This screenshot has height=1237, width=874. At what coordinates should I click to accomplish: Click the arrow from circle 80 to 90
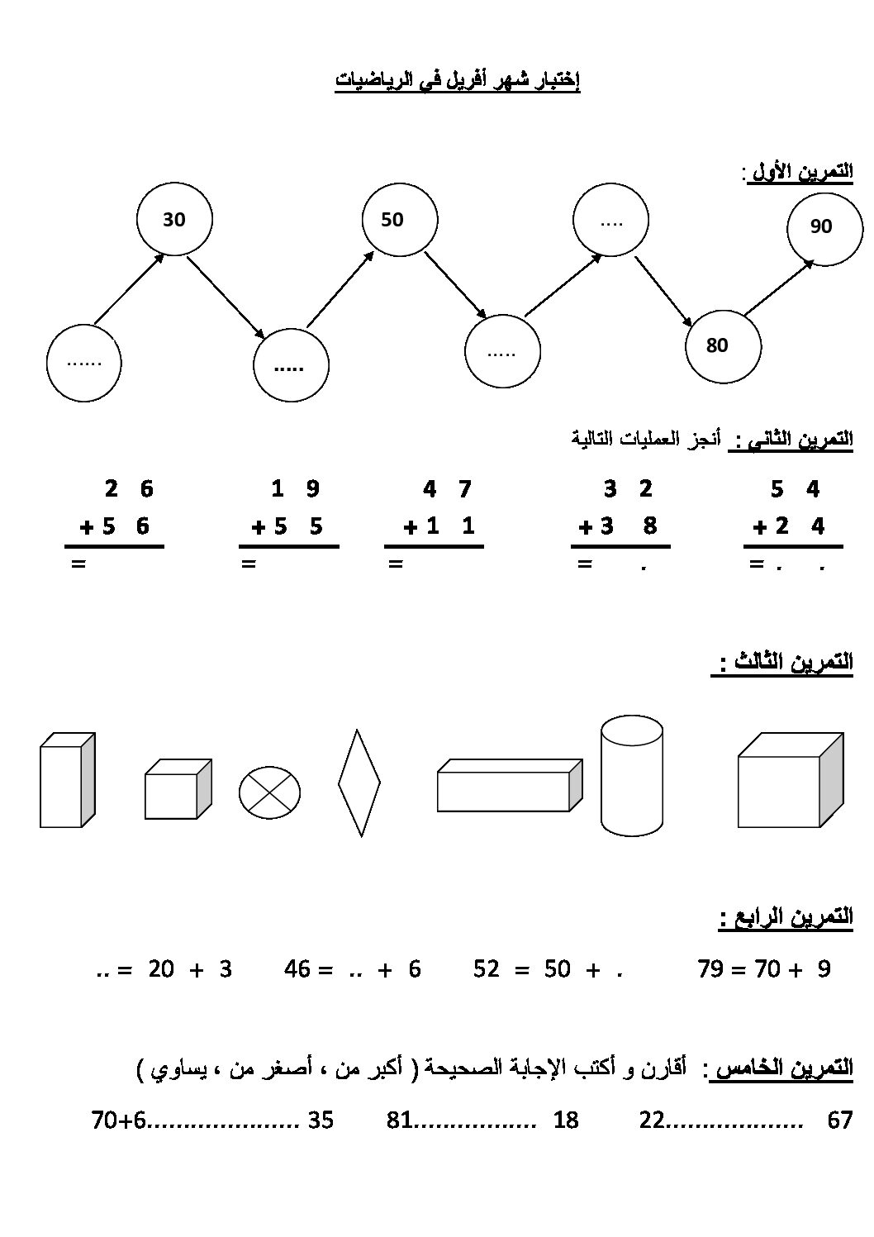[779, 288]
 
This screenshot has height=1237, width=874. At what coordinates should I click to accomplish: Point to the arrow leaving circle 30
[226, 297]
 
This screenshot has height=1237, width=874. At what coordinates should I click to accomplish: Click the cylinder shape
[632, 776]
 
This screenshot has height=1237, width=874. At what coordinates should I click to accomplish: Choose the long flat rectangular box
[510, 785]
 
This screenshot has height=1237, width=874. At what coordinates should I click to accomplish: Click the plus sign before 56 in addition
[87, 528]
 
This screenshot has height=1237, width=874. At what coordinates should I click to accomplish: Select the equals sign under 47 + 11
[396, 564]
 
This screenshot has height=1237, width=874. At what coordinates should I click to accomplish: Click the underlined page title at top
[457, 81]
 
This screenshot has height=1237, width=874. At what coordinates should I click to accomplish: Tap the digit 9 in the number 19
[313, 488]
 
